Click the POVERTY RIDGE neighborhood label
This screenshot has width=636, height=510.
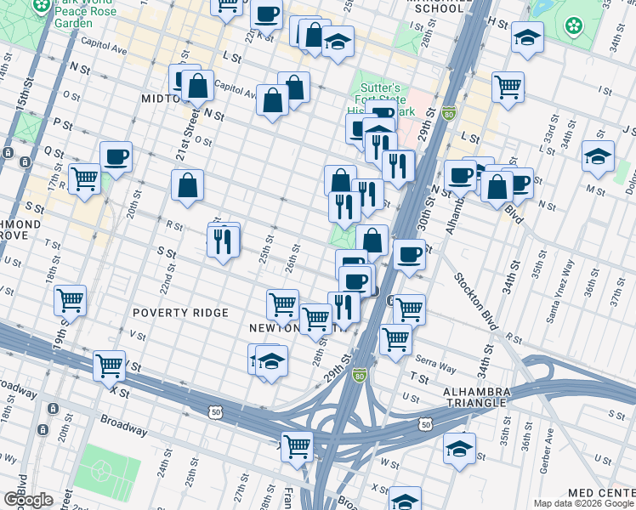click(180, 313)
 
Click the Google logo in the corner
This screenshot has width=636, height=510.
click(27, 499)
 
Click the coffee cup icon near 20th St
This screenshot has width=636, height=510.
click(116, 156)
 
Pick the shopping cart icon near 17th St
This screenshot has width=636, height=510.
click(85, 178)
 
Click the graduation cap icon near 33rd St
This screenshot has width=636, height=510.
click(598, 156)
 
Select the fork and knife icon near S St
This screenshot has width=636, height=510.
click(224, 241)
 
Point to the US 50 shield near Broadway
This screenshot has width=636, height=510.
click(215, 411)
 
